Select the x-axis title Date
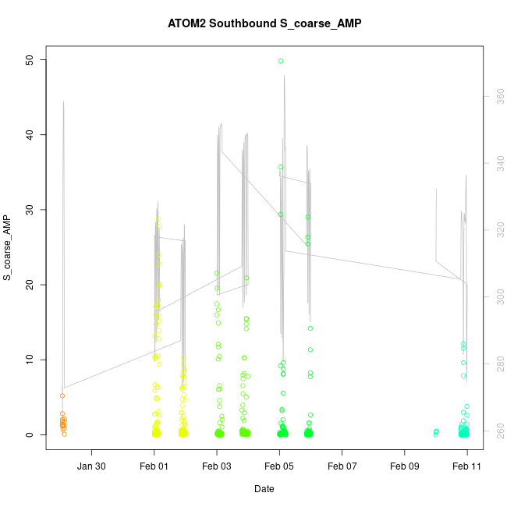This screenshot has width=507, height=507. point(264,489)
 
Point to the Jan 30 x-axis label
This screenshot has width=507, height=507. point(92,466)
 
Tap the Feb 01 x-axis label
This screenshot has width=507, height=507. point(154,466)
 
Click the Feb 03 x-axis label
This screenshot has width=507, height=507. point(217,466)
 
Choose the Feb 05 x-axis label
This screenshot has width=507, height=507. point(279,466)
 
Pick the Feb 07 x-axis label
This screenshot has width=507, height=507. point(342,466)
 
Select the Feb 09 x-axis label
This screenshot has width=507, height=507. point(405,466)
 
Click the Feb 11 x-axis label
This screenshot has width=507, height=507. point(467,466)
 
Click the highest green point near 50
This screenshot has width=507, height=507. point(281,61)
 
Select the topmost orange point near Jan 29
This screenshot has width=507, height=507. point(62,396)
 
